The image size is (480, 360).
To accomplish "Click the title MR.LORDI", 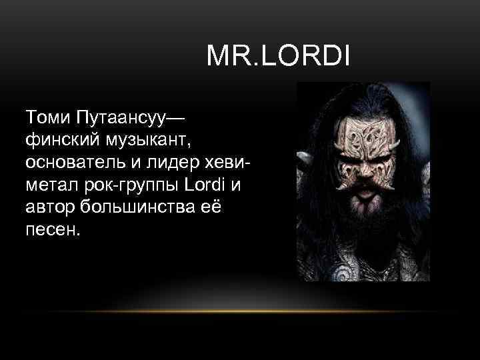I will [x=277, y=57].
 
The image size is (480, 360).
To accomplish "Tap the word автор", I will [x=49, y=208].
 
